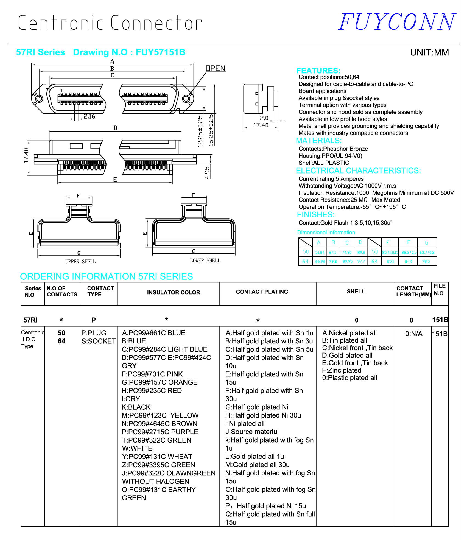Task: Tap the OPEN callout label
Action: click(x=216, y=68)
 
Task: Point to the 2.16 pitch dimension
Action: click(x=90, y=116)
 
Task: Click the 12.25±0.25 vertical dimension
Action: click(x=200, y=131)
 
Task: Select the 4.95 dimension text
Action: click(x=207, y=173)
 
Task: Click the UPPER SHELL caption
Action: click(x=80, y=262)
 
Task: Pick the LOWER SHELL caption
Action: click(x=205, y=261)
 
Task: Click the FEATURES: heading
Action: click(x=318, y=71)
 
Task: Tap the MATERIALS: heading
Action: click(x=318, y=141)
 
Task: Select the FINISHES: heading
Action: click(x=316, y=215)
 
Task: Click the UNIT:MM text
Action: click(x=429, y=52)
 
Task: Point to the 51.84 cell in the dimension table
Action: click(x=320, y=253)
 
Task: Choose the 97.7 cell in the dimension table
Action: click(x=361, y=261)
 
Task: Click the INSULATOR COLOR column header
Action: click(x=174, y=292)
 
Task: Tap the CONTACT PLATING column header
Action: click(x=262, y=292)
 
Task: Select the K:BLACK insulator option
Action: click(x=136, y=407)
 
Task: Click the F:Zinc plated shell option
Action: click(x=342, y=370)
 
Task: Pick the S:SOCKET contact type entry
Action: click(x=99, y=341)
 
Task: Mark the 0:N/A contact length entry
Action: click(x=414, y=334)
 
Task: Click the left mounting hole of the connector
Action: click(x=39, y=98)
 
